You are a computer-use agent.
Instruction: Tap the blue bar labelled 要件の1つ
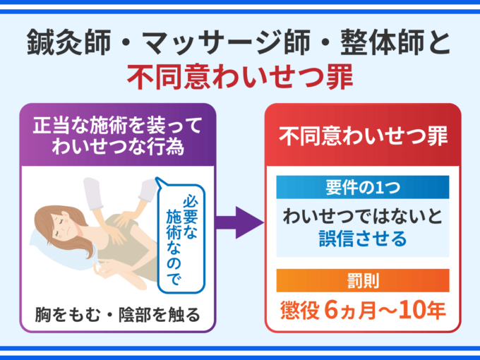(363, 187)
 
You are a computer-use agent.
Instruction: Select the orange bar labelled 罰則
(363, 280)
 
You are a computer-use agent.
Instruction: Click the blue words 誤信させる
(363, 239)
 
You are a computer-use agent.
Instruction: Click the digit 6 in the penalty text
(331, 311)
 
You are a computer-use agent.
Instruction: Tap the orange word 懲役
(300, 311)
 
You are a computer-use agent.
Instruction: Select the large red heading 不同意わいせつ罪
(240, 76)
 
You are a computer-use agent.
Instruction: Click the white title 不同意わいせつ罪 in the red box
(363, 136)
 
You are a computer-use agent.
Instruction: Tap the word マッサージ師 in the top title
(227, 42)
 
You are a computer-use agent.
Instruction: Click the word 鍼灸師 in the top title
(69, 42)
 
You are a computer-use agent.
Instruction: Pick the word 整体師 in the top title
(382, 42)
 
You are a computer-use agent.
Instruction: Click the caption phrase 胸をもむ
(68, 314)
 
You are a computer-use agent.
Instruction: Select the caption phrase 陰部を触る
(160, 314)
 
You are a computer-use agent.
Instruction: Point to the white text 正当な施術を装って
(118, 126)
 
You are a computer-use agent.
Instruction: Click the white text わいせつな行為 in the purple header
(118, 147)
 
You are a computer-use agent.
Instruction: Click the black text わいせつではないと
(363, 216)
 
